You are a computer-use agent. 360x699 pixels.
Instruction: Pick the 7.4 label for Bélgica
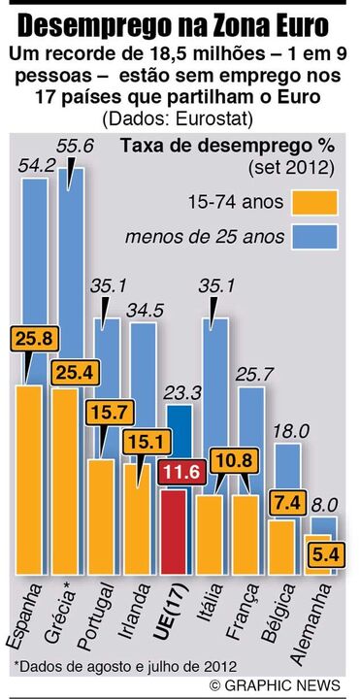coord(286,504)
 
